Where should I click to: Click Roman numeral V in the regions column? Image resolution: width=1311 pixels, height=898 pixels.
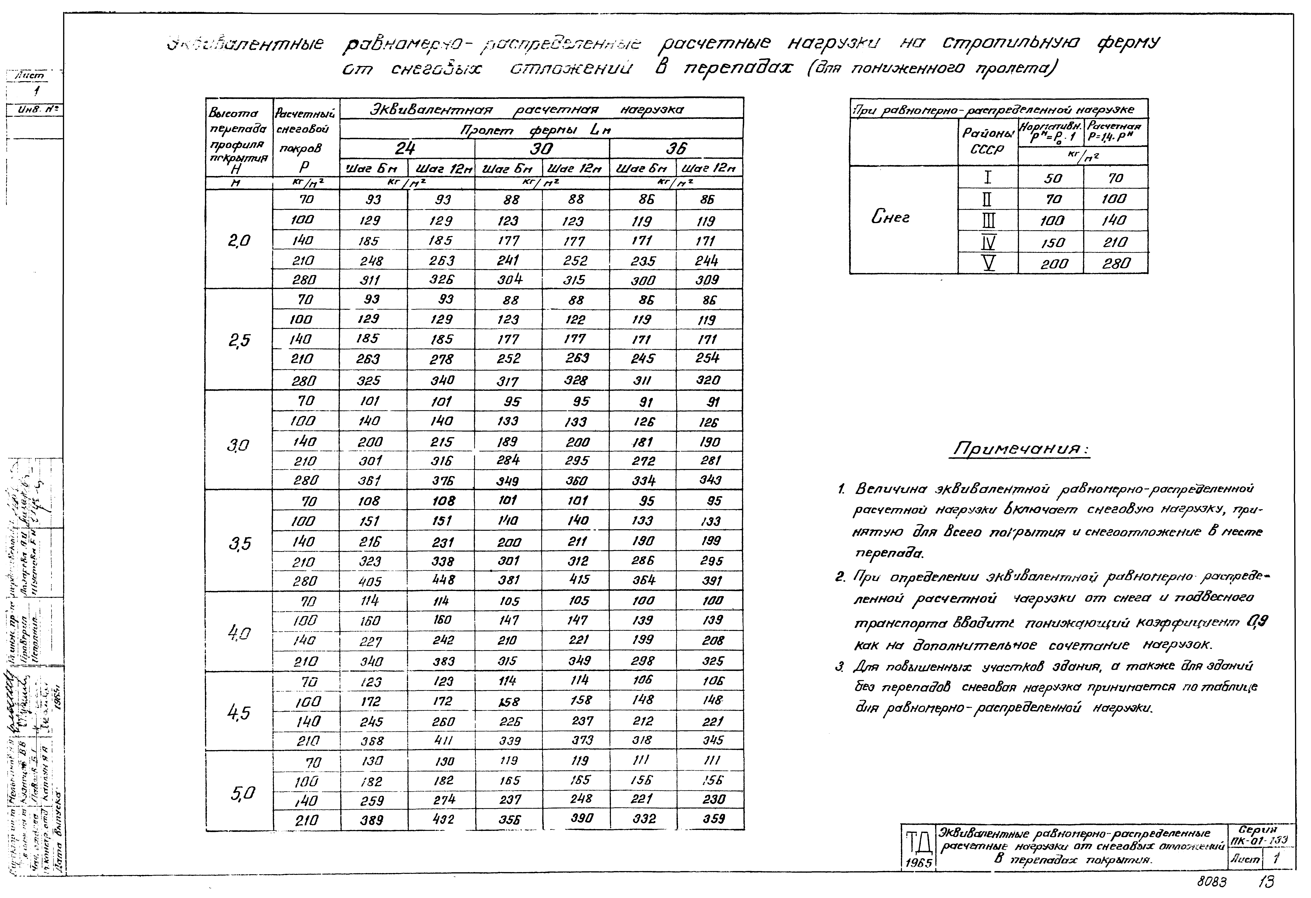988,263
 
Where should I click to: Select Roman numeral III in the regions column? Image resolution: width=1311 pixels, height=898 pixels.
988,220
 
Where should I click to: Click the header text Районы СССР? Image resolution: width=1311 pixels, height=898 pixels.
987,141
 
